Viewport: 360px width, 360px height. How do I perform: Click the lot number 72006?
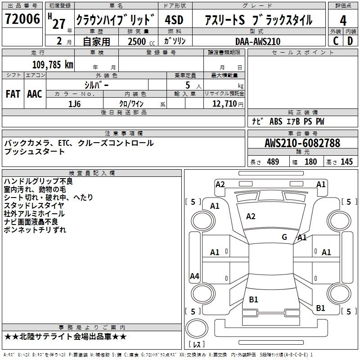click(x=22, y=20)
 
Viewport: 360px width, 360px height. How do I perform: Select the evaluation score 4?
click(x=343, y=21)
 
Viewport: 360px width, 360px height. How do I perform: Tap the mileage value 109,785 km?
click(x=53, y=65)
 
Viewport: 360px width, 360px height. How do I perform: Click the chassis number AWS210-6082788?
click(x=302, y=144)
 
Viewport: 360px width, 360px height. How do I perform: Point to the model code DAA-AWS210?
click(x=257, y=41)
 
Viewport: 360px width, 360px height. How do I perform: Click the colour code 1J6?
click(x=75, y=103)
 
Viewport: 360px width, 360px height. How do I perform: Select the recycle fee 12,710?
click(x=224, y=103)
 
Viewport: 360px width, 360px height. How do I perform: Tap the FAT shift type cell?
click(x=13, y=94)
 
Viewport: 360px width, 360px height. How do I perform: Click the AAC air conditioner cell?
click(x=35, y=94)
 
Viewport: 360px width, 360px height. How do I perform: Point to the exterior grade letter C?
click(x=336, y=40)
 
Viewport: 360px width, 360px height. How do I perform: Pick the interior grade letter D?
click(x=350, y=40)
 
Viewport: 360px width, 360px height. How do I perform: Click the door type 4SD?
click(x=174, y=21)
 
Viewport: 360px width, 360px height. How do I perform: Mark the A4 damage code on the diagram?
click(x=194, y=277)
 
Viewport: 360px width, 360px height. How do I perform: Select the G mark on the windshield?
click(x=284, y=237)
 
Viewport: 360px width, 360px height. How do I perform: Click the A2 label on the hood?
click(x=251, y=216)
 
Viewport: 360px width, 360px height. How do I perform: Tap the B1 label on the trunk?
click(x=253, y=299)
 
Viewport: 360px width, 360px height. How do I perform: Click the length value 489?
click(x=273, y=162)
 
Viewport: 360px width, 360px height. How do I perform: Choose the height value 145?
click(x=346, y=162)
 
